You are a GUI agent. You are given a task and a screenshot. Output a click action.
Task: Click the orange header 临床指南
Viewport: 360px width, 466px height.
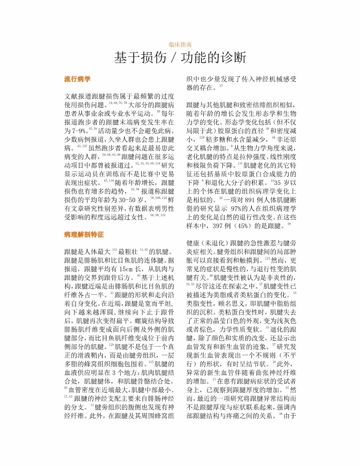180,45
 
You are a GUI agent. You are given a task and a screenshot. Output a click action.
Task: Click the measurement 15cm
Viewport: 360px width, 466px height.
122,269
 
